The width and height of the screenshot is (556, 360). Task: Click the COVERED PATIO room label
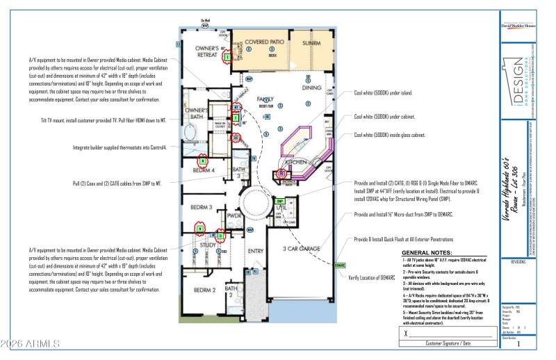tap(261, 42)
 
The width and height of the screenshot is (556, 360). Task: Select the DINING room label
tap(311, 88)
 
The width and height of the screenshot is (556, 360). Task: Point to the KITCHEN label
tap(295, 161)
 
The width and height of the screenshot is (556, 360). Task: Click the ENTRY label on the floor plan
tap(256, 251)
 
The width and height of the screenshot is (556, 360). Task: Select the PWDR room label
tap(234, 216)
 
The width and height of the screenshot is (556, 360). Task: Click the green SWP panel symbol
tap(279, 201)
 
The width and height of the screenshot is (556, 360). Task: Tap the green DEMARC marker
tap(340, 265)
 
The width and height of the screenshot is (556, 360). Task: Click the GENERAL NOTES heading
tap(427, 253)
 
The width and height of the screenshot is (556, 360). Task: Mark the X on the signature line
tap(406, 333)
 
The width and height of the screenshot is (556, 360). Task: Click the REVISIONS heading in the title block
tap(518, 262)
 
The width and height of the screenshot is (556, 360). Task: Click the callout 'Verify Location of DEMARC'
tap(377, 278)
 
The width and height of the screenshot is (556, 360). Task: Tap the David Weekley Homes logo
tap(518, 27)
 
